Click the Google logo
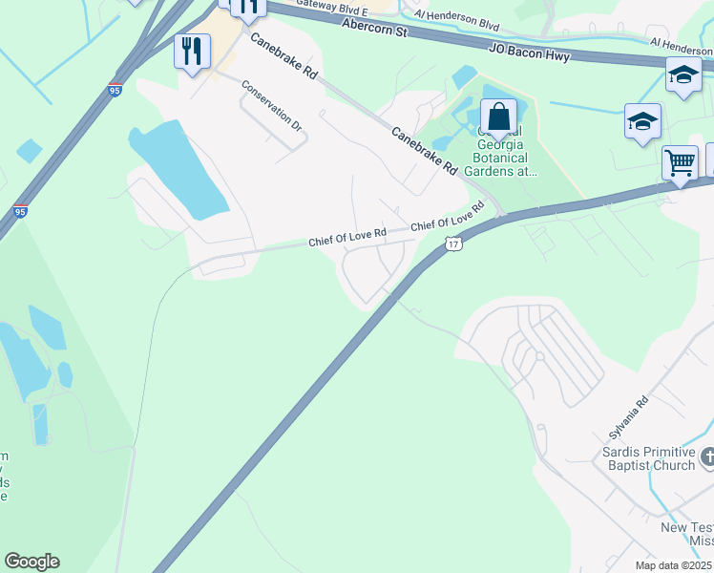[31, 562]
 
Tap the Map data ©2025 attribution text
[674, 565]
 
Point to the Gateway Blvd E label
[331, 5]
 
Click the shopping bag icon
[498, 117]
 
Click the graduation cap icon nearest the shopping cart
[642, 122]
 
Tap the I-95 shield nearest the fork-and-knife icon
[115, 91]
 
